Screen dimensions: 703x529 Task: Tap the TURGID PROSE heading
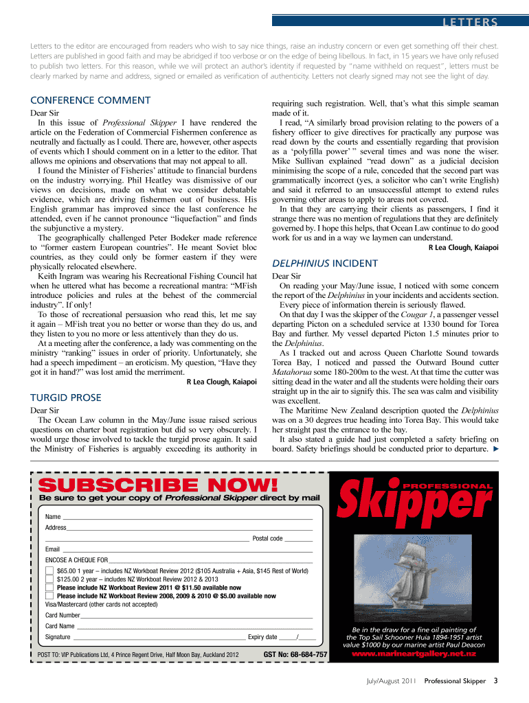coord(66,397)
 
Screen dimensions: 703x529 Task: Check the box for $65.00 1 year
coord(49,571)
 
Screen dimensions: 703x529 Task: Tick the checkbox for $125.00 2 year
coord(49,579)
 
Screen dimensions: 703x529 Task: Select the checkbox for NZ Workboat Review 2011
coord(49,588)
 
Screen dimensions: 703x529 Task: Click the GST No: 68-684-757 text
coord(295,654)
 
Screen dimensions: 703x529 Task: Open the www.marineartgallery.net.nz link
coord(414,654)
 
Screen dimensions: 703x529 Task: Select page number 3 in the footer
coord(495,681)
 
